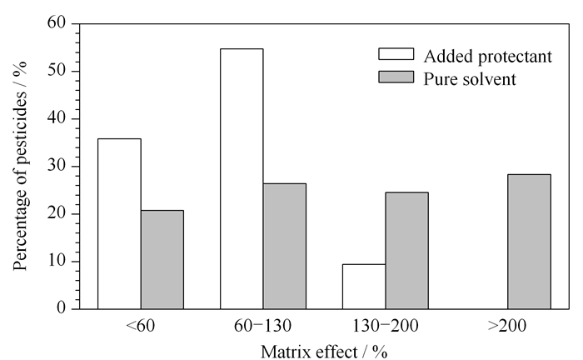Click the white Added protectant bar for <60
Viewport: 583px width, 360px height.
point(119,224)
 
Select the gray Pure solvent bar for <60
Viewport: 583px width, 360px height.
point(162,260)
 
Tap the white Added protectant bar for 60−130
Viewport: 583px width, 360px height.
point(242,179)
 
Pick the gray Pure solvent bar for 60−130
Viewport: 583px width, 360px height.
point(285,246)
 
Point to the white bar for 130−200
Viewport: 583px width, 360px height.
point(364,287)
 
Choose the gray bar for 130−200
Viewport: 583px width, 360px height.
point(406,251)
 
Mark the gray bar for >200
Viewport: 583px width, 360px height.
point(530,242)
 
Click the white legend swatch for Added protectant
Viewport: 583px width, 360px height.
point(396,54)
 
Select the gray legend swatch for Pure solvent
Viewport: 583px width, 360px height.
point(396,77)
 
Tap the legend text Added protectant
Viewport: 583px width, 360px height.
point(488,57)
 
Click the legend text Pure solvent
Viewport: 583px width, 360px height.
point(470,79)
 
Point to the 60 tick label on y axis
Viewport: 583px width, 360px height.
point(57,23)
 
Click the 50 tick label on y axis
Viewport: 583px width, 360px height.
point(57,71)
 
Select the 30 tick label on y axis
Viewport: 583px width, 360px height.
point(57,166)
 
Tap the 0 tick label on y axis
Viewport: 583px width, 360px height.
point(62,308)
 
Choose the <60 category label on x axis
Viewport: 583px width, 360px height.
point(141,326)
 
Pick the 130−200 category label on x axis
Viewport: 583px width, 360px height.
point(385,326)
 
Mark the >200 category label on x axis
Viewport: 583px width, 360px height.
point(507,326)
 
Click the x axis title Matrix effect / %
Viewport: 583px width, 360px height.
point(324,352)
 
